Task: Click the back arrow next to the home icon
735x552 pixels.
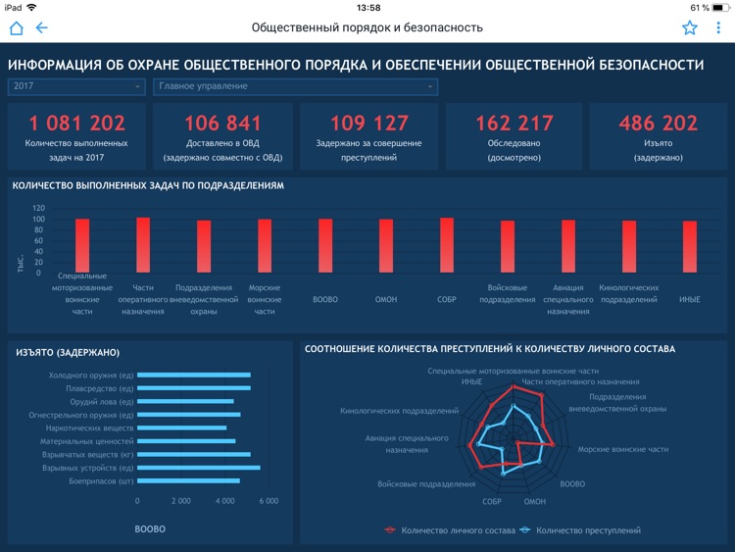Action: (42, 27)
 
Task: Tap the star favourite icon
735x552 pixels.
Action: (690, 27)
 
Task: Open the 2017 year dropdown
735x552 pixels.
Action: (76, 86)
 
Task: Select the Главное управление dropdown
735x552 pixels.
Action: (295, 86)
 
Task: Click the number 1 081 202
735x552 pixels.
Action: (77, 123)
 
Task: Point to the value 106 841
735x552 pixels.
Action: (223, 123)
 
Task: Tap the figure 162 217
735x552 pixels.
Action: (514, 123)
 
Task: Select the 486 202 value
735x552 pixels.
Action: (659, 123)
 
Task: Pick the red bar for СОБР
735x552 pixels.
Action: (447, 245)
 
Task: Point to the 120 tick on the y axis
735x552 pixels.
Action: (38, 209)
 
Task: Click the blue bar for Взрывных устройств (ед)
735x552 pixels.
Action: (199, 468)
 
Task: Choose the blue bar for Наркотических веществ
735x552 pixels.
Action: (182, 427)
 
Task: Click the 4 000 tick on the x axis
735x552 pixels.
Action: (224, 501)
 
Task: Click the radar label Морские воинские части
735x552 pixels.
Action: (623, 449)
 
